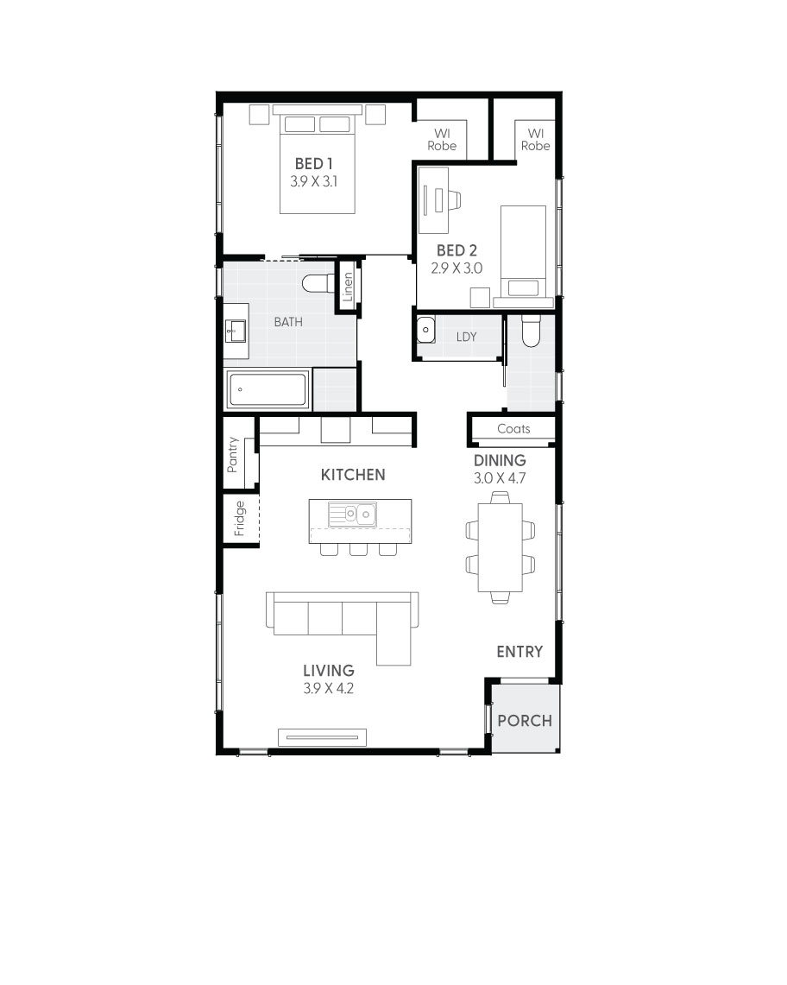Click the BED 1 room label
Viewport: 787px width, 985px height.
[x=314, y=163]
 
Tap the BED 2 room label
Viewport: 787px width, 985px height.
[x=456, y=250]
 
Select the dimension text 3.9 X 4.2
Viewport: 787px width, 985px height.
[x=328, y=688]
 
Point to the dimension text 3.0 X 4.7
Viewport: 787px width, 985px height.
[x=500, y=477]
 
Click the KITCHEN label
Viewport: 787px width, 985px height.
[x=353, y=475]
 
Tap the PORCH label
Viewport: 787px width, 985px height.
[x=525, y=720]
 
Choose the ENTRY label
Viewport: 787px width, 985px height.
[x=519, y=652]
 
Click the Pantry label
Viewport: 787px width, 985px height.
[x=232, y=454]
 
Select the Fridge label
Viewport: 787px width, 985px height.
[x=240, y=519]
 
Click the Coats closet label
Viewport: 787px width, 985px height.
[x=513, y=429]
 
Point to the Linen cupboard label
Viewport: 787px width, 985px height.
[x=348, y=286]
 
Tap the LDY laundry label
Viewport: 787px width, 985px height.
[x=466, y=337]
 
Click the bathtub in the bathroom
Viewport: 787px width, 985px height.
[x=268, y=390]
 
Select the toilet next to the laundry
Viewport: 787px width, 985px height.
[x=531, y=331]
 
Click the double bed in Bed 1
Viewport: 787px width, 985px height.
[x=317, y=164]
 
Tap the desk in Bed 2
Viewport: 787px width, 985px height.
[x=434, y=199]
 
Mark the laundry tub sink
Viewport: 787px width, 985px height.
[x=425, y=331]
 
